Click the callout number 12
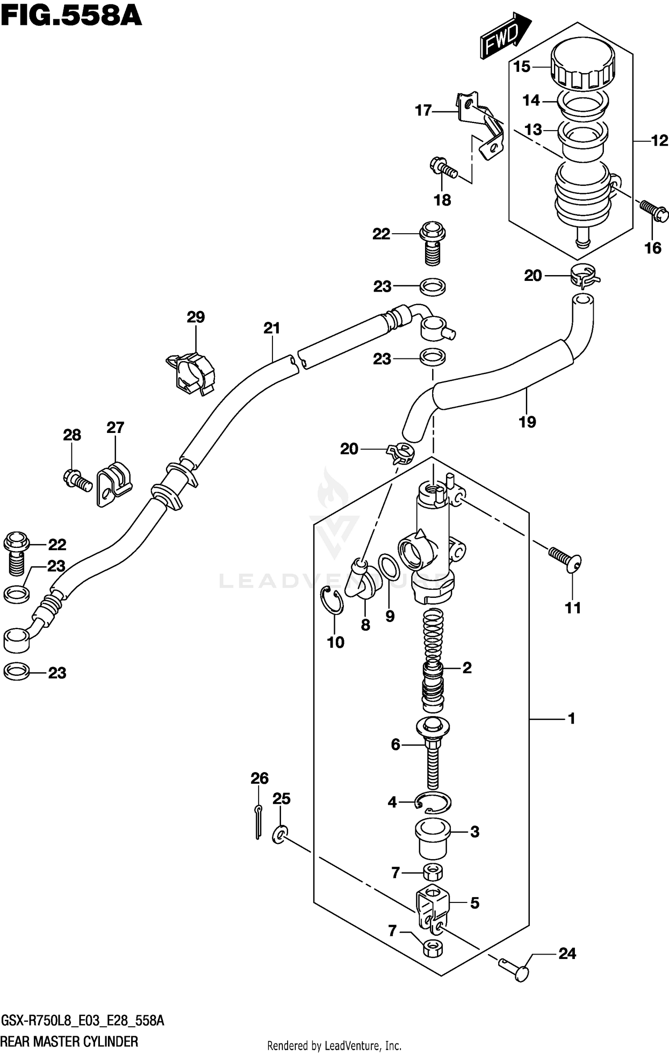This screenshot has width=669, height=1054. [659, 141]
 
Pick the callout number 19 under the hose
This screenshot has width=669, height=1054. [527, 422]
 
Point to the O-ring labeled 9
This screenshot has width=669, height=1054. [389, 568]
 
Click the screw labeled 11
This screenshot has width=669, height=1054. [565, 559]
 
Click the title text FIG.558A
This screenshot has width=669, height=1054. [71, 17]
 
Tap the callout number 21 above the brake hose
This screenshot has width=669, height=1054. [271, 329]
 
